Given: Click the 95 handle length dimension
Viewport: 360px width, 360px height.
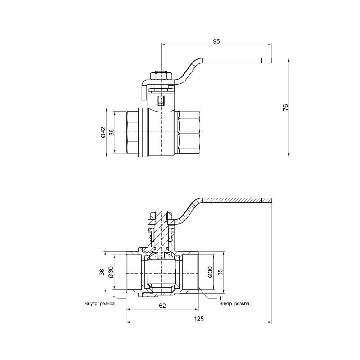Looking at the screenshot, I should click(x=216, y=41).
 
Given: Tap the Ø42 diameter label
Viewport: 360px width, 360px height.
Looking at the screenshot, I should click(x=103, y=132).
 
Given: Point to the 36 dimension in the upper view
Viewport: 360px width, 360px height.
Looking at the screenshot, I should click(x=112, y=132).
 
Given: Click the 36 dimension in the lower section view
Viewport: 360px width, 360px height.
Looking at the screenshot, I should click(x=102, y=272).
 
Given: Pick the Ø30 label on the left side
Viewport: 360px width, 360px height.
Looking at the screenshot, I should click(x=111, y=272).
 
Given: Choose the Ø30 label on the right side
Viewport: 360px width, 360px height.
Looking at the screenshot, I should click(x=210, y=272).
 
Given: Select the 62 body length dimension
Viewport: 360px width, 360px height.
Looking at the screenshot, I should click(x=162, y=306).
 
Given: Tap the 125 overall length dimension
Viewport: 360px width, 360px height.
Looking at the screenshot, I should click(x=199, y=319).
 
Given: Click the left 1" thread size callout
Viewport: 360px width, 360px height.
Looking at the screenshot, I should click(x=112, y=298).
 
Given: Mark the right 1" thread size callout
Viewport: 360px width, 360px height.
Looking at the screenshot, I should click(x=221, y=298).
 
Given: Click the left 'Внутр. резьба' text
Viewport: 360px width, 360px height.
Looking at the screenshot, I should click(x=99, y=304).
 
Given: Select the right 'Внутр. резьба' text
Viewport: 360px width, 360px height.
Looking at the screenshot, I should click(x=234, y=304).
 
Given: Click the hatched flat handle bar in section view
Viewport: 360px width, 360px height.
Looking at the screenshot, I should click(x=238, y=200).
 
